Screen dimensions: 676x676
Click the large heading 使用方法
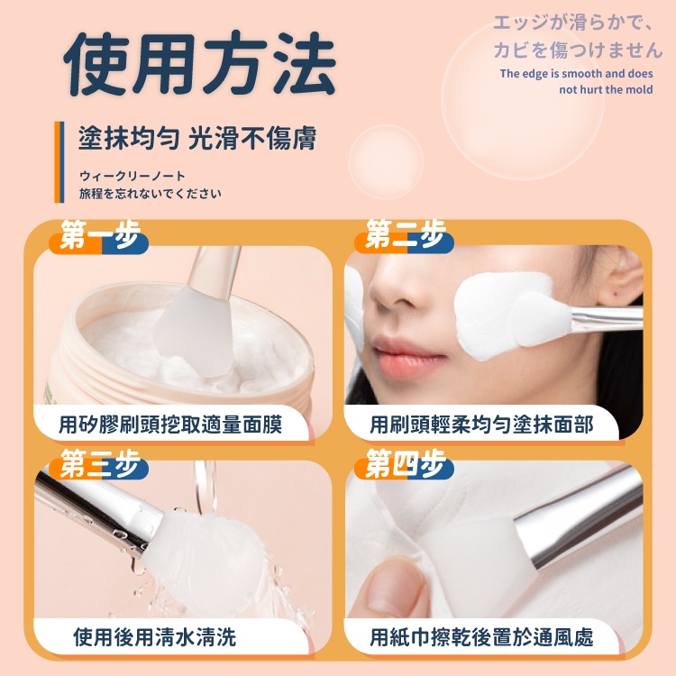pyautogui.click(x=199, y=63)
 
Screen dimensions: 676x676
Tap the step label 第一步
pyautogui.click(x=100, y=235)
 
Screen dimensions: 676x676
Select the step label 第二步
pyautogui.click(x=406, y=234)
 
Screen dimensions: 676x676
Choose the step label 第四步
pyautogui.click(x=406, y=463)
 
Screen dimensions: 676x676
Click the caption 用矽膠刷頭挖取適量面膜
pyautogui.click(x=170, y=425)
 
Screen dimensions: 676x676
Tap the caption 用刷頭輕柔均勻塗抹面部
pyautogui.click(x=481, y=425)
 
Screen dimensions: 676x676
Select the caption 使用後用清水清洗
pyautogui.click(x=155, y=636)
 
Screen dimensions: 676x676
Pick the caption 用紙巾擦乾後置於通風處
pyautogui.click(x=481, y=636)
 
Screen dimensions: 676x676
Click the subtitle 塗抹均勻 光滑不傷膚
pyautogui.click(x=197, y=138)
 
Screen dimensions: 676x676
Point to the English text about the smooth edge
pyautogui.click(x=577, y=81)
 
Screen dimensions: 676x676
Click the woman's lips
pyautogui.click(x=407, y=357)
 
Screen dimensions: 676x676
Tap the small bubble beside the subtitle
pyautogui.click(x=386, y=162)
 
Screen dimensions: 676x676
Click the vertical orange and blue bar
pyautogui.click(x=59, y=162)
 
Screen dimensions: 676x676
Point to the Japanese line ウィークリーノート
pyautogui.click(x=132, y=176)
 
